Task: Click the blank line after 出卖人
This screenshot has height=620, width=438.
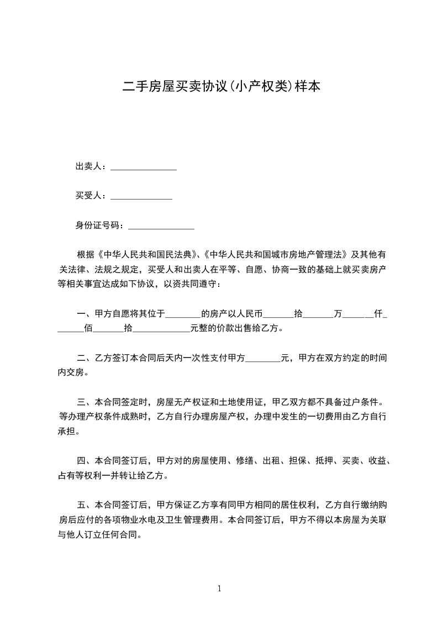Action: pos(144,167)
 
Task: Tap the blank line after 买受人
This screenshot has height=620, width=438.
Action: pos(141,196)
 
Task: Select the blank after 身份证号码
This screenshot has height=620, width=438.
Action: pos(161,226)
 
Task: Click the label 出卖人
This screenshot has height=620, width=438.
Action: pos(88,166)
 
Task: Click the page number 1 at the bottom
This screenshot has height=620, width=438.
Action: pos(219,589)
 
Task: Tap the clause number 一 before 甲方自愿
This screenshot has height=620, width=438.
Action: pos(81,314)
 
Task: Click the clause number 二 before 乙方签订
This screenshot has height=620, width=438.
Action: pos(81,359)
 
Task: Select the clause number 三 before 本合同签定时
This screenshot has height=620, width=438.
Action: pos(81,402)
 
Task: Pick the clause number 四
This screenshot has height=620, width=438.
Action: pos(81,460)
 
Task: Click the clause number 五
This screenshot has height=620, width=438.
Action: pos(81,505)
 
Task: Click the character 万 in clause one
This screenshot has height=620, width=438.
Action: pos(338,314)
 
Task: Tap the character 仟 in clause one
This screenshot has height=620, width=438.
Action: pos(378,314)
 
